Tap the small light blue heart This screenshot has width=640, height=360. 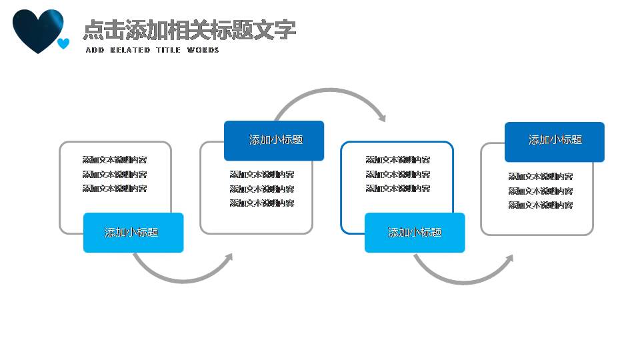click(x=63, y=44)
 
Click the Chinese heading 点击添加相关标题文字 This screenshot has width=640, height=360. click(x=189, y=29)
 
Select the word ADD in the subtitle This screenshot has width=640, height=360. click(x=95, y=50)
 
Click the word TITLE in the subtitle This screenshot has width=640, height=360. click(x=168, y=50)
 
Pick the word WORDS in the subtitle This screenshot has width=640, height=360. click(x=203, y=50)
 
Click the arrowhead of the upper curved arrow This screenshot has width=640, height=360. click(x=382, y=118)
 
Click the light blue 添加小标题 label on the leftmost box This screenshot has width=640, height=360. click(x=133, y=232)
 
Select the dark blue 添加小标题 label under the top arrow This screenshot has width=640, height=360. click(x=274, y=140)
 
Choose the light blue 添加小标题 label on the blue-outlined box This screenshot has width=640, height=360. click(x=414, y=232)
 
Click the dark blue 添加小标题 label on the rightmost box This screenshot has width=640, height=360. click(x=555, y=140)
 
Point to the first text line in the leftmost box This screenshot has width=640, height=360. click(x=115, y=160)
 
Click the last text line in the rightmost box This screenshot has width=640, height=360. click(x=540, y=205)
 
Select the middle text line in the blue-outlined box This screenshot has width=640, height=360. click(x=398, y=174)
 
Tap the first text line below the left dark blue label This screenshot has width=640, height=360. click(x=262, y=175)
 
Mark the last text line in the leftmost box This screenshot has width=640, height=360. click(x=115, y=189)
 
